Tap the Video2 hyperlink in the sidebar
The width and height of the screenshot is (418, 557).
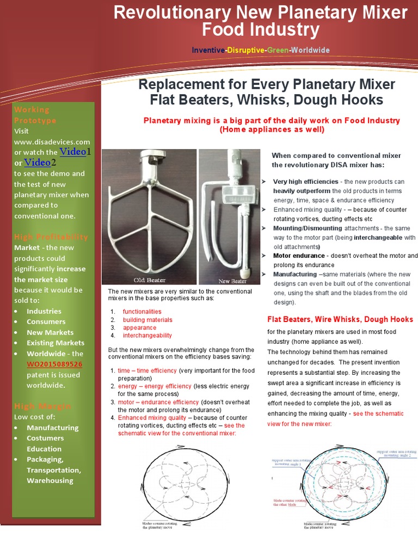[36, 162]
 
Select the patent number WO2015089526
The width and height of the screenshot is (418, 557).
[54, 364]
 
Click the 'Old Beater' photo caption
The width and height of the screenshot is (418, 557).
[149, 280]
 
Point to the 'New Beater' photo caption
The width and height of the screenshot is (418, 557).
[232, 281]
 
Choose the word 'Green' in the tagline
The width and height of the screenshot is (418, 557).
[277, 50]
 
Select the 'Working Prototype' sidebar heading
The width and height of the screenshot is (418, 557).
[35, 115]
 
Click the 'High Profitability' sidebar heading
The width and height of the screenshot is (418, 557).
[51, 237]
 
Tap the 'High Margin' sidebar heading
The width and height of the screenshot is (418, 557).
[35, 406]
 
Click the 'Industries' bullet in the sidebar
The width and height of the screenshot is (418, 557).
[44, 311]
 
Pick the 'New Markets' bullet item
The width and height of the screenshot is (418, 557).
[50, 332]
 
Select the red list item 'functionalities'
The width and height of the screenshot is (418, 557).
[142, 312]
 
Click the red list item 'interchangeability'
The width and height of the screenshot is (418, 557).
[147, 336]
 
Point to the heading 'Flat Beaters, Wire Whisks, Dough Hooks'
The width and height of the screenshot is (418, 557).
[340, 319]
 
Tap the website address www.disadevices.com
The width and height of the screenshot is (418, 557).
[52, 141]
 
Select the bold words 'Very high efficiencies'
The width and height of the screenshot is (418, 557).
[305, 181]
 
